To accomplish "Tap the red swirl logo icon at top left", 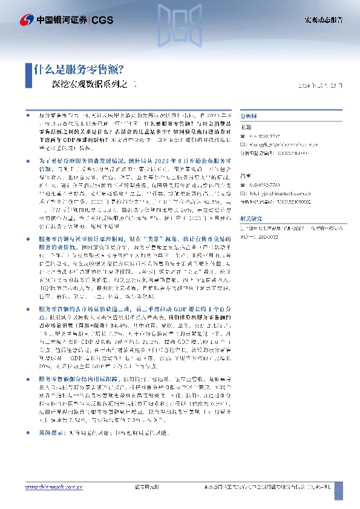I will click(11, 20).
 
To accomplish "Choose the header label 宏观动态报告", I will click(322, 20).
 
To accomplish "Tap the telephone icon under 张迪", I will click(243, 136).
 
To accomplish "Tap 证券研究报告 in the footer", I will click(145, 487).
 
